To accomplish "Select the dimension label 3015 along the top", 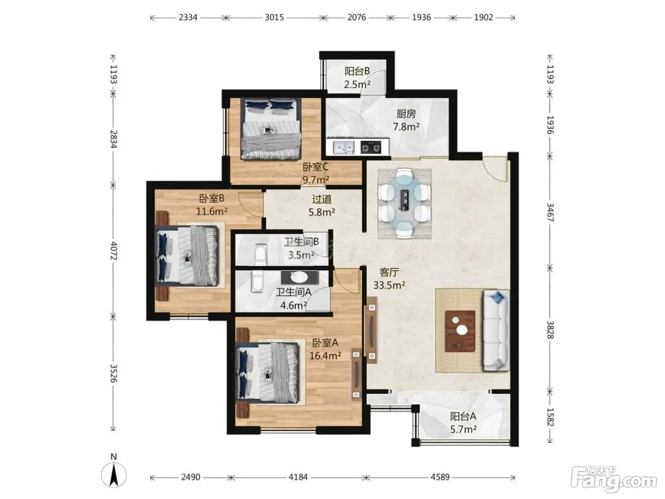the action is (x=274, y=18).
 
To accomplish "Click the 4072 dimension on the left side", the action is (x=114, y=250).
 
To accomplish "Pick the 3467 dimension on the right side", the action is (x=550, y=213).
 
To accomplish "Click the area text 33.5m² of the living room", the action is (x=389, y=285).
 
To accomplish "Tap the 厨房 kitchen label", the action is (x=406, y=114).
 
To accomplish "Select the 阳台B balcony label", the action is (x=357, y=71).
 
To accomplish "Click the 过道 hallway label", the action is (x=322, y=199).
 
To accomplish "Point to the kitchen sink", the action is (x=343, y=148).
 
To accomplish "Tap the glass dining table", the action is (x=404, y=203).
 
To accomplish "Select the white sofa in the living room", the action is (x=496, y=330).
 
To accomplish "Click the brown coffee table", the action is (x=460, y=331).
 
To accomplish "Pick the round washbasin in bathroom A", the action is (x=300, y=277).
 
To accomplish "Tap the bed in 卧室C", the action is (x=271, y=129).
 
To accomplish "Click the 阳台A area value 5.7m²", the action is (x=463, y=429).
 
